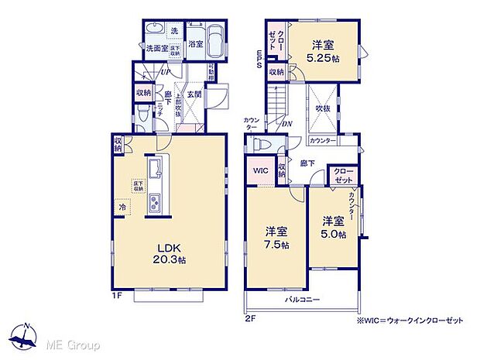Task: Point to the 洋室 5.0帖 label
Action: pos(334,225)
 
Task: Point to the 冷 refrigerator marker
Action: pos(122,207)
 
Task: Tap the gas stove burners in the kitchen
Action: pos(153,203)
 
